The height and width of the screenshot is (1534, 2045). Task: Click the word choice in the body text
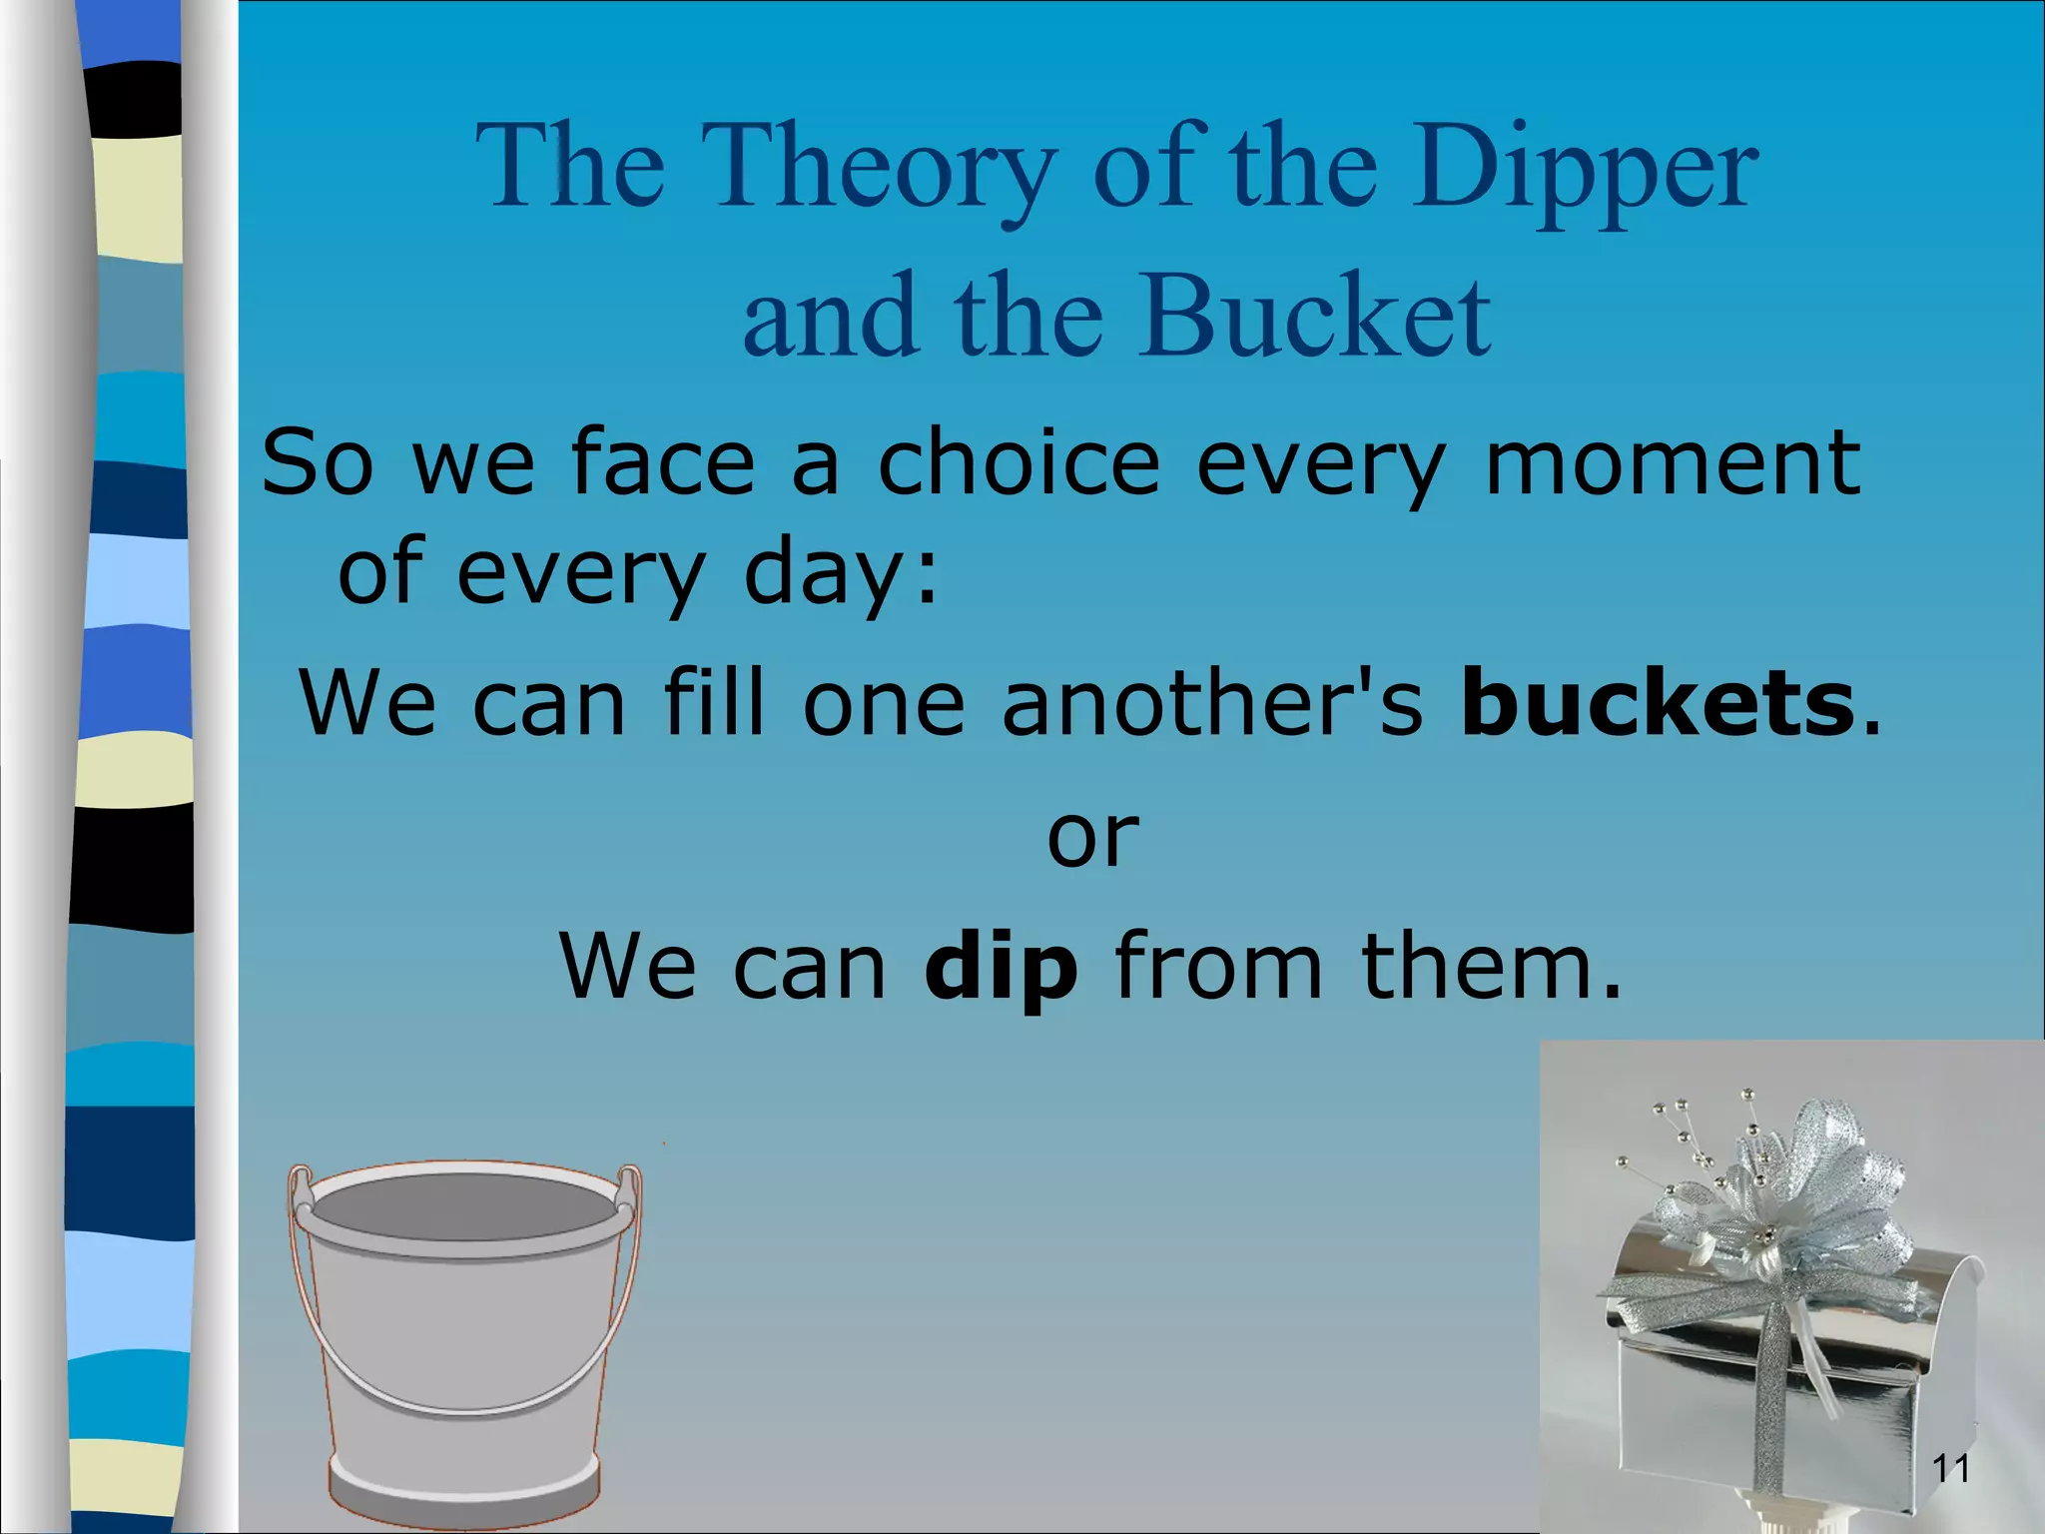pyautogui.click(x=1019, y=461)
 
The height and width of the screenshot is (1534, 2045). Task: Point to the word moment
pyautogui.click(x=1673, y=461)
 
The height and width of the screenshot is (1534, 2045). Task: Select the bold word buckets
pyautogui.click(x=1657, y=703)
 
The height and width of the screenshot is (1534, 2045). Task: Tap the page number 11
pyautogui.click(x=1951, y=1468)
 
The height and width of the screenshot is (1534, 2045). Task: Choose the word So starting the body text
pyautogui.click(x=317, y=461)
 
